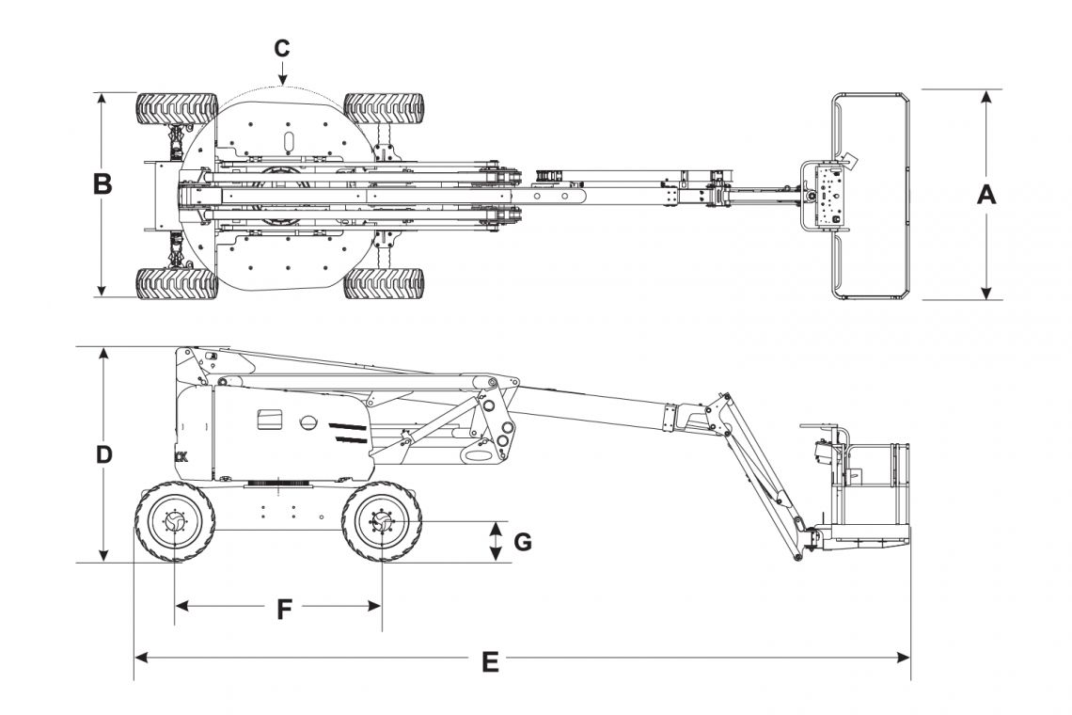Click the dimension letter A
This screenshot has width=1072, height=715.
tap(985, 195)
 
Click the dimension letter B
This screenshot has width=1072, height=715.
tap(102, 184)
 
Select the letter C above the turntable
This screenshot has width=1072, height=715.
tap(282, 48)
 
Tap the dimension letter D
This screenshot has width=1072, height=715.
tap(104, 454)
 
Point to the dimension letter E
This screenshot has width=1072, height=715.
tap(489, 662)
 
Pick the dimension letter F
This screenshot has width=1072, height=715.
tap(284, 610)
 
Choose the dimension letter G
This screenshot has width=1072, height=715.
tap(523, 542)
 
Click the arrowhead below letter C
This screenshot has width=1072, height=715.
tap(282, 79)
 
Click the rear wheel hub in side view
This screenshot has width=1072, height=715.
tap(175, 521)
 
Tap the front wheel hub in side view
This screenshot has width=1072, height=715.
tap(382, 521)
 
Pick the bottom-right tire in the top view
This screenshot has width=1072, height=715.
tap(384, 282)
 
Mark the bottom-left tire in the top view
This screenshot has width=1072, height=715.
tap(177, 282)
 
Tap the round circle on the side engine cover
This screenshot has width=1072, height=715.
tap(308, 423)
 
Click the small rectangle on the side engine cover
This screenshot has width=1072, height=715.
tap(270, 419)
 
